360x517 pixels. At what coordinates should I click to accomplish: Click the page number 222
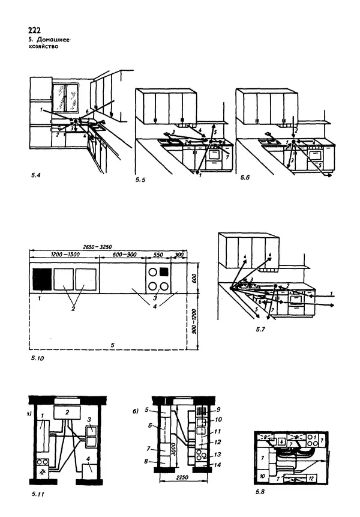click(34, 30)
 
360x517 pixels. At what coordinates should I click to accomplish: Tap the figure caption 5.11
click(37, 495)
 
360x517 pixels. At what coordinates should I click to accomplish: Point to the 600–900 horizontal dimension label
click(123, 255)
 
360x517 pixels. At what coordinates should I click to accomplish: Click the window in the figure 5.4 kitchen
click(67, 98)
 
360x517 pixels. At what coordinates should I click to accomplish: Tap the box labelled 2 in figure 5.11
click(68, 412)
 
